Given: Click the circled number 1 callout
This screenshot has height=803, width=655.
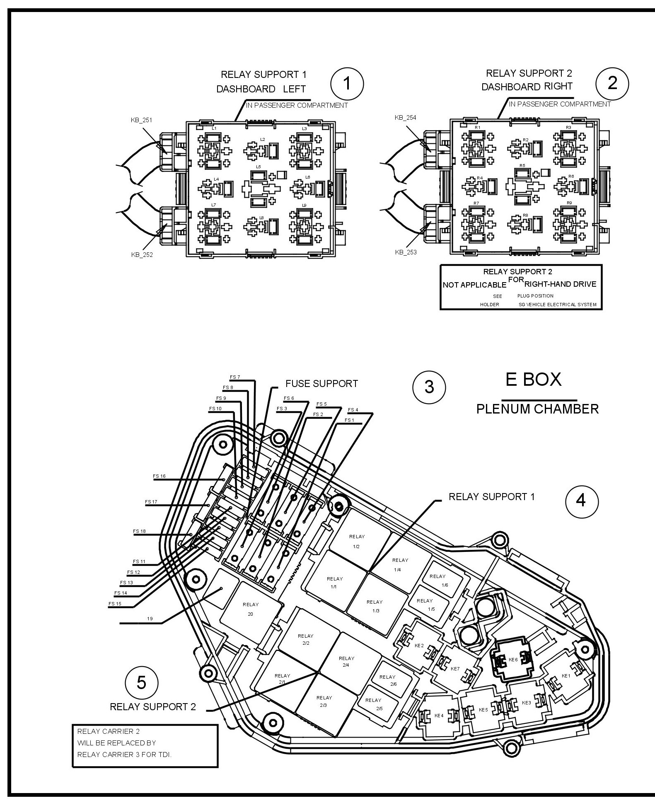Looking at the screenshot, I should tap(347, 84).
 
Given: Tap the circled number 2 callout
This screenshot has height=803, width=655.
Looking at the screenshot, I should tap(611, 84).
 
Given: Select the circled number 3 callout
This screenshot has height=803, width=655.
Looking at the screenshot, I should tap(429, 387).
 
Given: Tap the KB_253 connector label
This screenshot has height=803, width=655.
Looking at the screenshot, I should tap(406, 252).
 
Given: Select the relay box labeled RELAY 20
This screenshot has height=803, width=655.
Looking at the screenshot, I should tap(251, 609).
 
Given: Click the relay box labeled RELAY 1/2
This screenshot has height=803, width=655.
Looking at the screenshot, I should tap(357, 541).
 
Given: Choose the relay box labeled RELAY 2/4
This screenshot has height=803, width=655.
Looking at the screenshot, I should tap(346, 661).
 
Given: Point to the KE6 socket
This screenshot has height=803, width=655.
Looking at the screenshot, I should tap(513, 660).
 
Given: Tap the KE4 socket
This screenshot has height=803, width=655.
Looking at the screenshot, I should tap(439, 716).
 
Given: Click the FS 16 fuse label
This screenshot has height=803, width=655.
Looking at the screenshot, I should tap(159, 476).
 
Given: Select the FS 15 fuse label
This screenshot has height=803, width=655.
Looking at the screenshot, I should tap(115, 604).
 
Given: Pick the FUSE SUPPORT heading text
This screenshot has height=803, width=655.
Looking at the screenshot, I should tap(321, 383).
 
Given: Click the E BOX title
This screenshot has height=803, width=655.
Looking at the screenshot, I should tap(533, 379).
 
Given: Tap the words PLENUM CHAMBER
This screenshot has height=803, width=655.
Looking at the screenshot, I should tap(537, 409).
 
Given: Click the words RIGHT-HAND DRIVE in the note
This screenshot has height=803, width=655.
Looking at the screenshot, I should tap(560, 284).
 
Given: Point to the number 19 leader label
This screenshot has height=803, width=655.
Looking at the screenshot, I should tap(150, 619).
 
